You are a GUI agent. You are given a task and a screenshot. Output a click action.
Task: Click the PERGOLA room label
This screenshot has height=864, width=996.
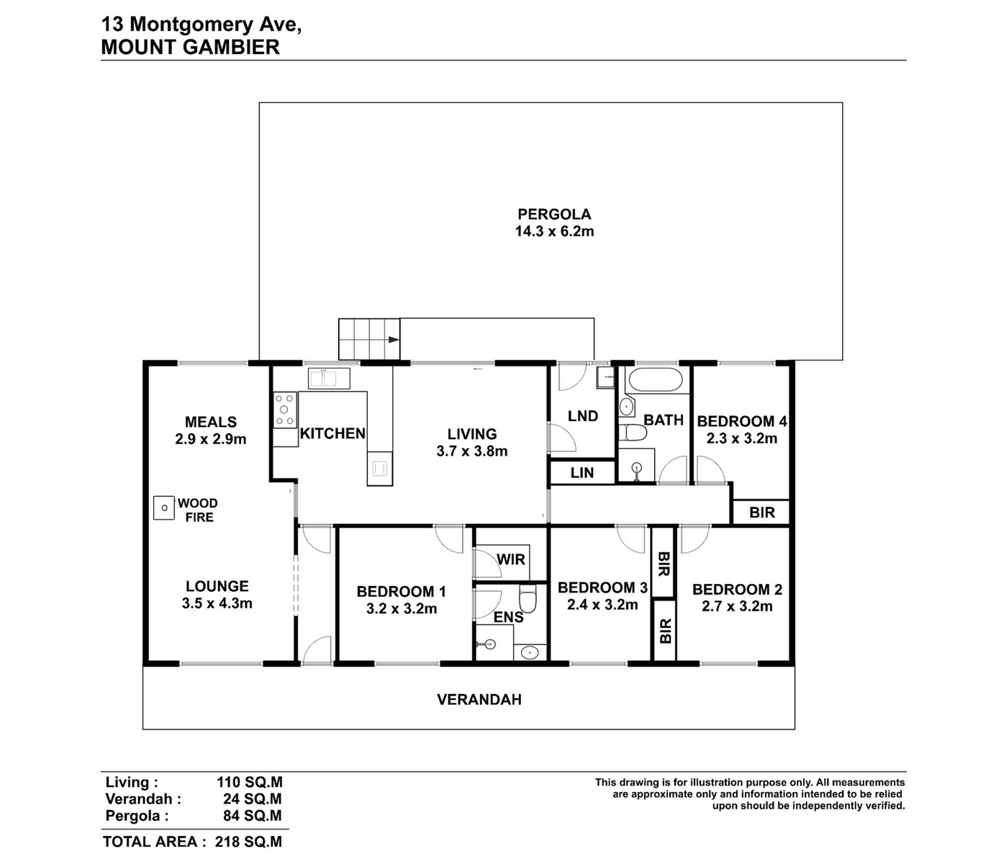554,214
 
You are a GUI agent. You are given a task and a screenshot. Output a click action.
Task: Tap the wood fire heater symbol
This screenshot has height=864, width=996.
164,508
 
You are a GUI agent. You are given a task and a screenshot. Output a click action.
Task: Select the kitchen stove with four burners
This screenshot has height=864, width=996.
285,410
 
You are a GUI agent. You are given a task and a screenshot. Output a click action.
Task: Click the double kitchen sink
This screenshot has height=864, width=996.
329,379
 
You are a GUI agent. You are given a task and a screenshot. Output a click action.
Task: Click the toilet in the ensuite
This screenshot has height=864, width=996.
528,598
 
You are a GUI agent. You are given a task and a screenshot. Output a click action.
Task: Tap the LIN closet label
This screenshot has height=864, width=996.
582,473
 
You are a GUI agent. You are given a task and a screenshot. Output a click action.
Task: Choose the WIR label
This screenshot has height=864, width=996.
511,559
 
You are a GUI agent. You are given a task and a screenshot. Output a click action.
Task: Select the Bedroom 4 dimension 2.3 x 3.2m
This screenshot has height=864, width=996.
742,438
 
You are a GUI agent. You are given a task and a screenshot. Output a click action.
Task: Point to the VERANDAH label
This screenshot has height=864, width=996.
479,700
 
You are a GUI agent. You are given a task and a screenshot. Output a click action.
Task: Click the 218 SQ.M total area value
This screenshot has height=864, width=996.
248,842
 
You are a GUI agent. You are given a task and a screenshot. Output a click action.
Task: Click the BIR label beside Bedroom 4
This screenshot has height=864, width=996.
762,513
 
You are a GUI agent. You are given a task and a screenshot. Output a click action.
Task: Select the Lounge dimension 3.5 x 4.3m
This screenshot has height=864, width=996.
217,603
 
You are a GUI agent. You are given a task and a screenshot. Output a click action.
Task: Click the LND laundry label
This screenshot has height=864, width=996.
583,416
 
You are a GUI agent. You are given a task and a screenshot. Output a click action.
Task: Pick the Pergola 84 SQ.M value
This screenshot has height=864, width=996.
253,816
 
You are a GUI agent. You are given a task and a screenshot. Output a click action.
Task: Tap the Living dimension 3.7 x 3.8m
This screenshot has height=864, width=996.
472,451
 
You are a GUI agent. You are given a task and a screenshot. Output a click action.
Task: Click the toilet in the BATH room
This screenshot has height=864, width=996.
633,433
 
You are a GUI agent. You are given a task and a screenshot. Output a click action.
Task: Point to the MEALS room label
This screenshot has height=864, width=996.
211,422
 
